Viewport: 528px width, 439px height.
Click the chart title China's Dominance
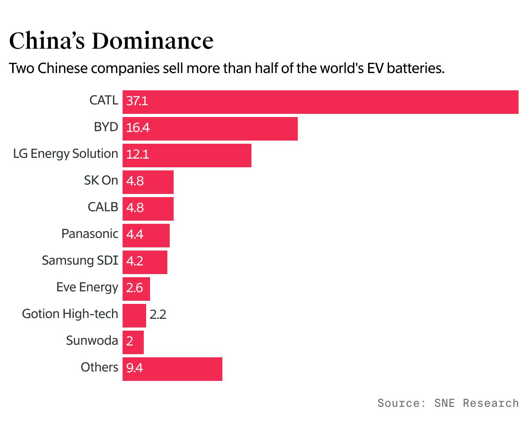(111, 41)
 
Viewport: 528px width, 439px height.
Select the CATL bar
(320, 102)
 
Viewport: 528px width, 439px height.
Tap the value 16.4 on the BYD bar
(138, 128)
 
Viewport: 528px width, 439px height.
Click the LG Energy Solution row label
(66, 154)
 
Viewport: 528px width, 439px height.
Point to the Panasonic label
(90, 234)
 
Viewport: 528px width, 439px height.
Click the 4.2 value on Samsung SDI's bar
(135, 262)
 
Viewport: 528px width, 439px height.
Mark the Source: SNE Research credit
(448, 403)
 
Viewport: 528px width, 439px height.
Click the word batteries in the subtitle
(415, 69)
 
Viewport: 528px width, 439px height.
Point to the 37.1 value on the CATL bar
(137, 101)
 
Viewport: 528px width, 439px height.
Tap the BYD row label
(106, 127)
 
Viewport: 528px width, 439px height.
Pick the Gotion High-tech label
(70, 314)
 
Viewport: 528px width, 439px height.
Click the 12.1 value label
(137, 155)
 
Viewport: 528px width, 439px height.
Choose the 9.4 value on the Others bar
(135, 368)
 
